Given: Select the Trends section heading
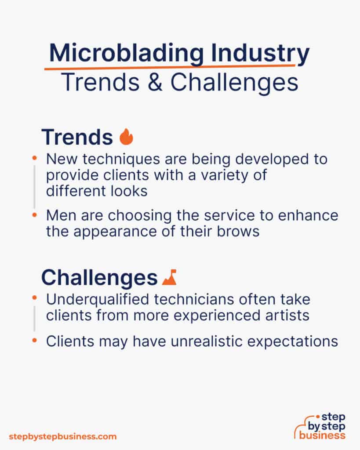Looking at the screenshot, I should click(x=77, y=137).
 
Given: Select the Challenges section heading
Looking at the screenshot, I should click(x=99, y=277).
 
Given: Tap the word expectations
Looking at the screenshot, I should click(x=295, y=341).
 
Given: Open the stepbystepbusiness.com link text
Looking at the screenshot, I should click(x=62, y=436).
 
